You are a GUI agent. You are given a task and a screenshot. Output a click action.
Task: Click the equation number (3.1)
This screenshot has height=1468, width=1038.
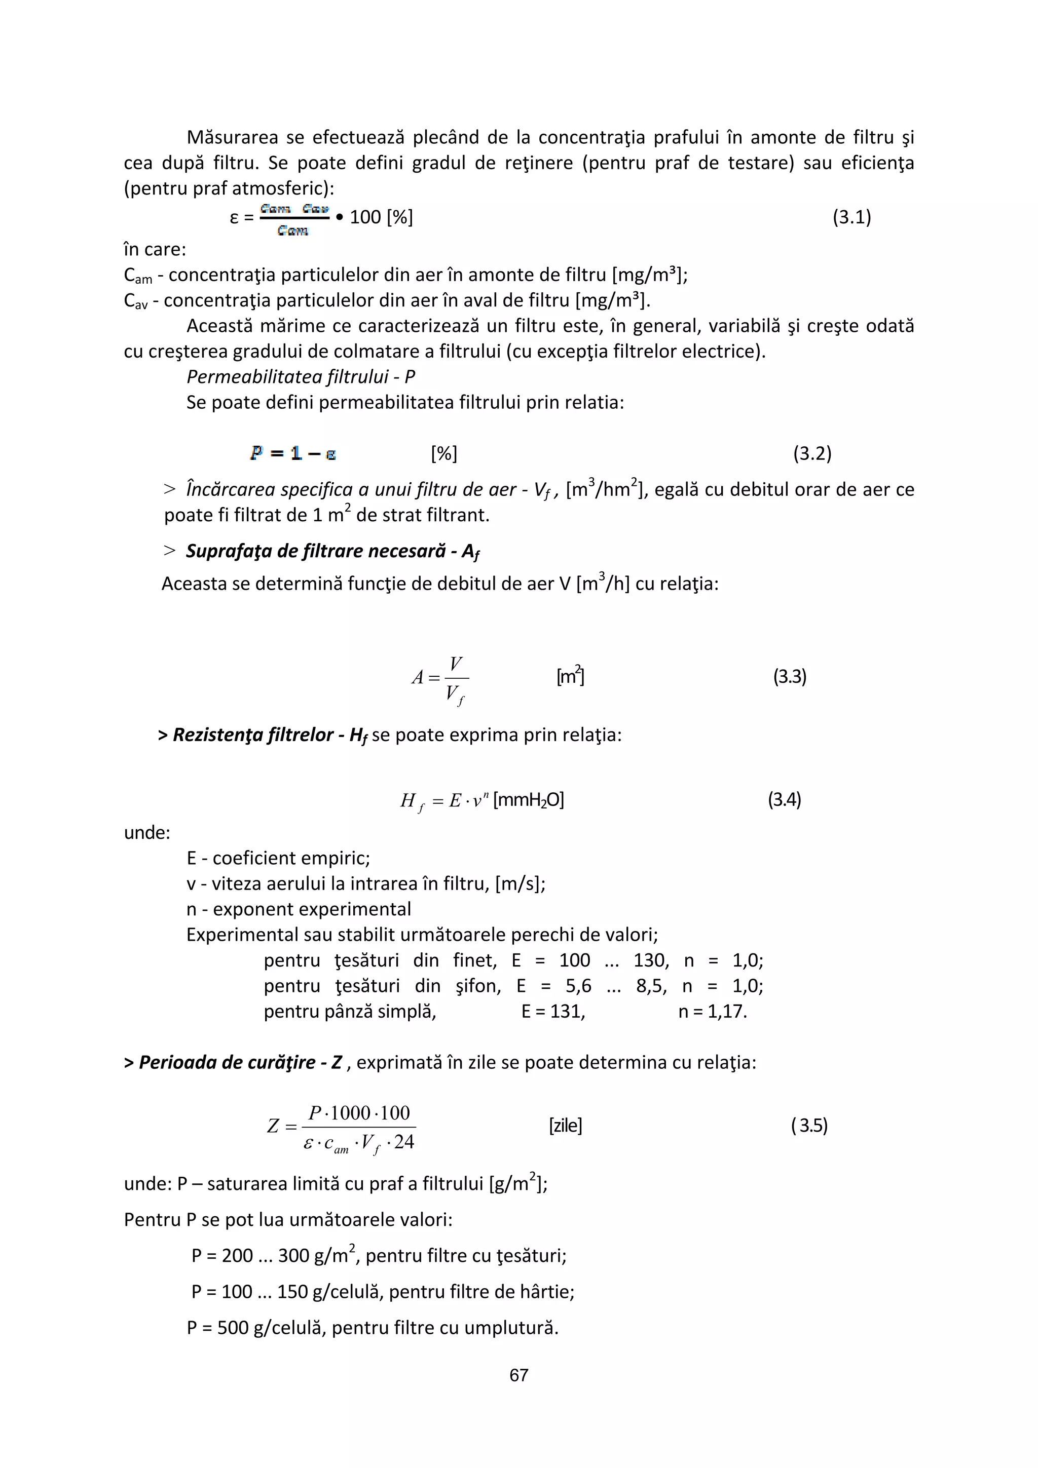[x=851, y=217]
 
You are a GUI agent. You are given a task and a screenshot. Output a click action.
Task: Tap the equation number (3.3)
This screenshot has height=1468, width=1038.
[x=790, y=676]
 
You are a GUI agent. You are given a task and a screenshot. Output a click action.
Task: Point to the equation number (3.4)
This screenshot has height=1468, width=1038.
[x=784, y=799]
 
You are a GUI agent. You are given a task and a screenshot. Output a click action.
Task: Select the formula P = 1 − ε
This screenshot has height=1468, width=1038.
[x=293, y=453]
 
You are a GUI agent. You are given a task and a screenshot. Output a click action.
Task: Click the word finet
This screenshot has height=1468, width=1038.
[x=474, y=960]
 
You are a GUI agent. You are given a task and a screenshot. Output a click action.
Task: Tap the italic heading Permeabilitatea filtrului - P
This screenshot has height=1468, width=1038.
[x=301, y=376]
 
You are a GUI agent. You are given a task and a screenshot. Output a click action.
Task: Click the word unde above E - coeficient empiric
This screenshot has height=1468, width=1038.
[x=147, y=832]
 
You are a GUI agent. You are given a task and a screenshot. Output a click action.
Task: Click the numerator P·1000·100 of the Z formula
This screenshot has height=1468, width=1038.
[x=359, y=1113]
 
